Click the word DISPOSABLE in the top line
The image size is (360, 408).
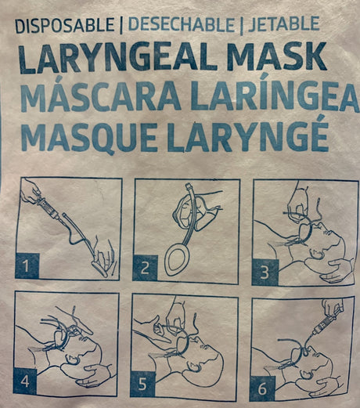(62, 24)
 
